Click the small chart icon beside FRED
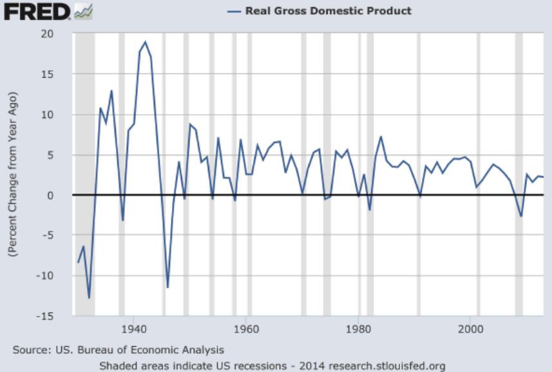tap(84, 11)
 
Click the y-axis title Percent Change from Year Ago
tap(13, 175)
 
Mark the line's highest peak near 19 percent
tap(145, 42)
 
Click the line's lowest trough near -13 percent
tap(89, 298)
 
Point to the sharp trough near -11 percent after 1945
tap(167, 287)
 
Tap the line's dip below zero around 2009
tap(521, 216)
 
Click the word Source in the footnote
tap(30, 350)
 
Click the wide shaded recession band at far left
tap(85, 174)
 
